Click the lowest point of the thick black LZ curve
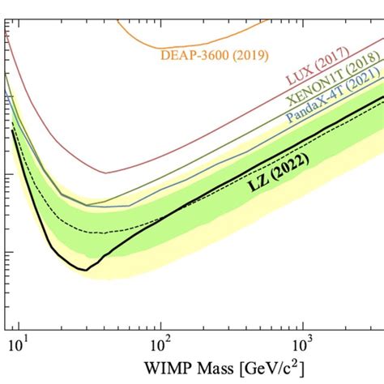pos(84,270)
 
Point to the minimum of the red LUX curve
pos(105,173)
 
